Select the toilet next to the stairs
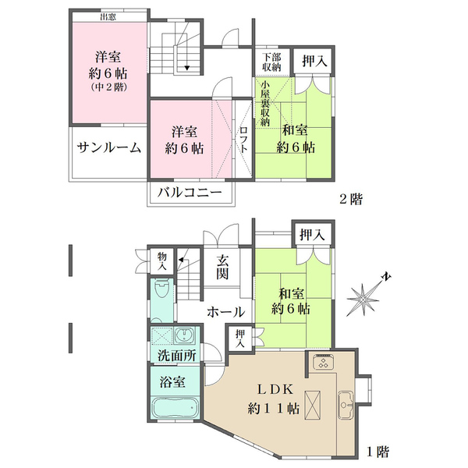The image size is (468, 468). [x=160, y=290]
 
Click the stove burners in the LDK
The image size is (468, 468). [x=322, y=362]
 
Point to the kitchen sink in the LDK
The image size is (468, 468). [x=346, y=405]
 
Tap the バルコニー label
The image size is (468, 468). [x=190, y=193]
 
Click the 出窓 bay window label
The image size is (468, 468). [x=109, y=16]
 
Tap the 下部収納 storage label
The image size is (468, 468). [x=271, y=62]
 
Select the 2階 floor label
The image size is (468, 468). [x=350, y=199]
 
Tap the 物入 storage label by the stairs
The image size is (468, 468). [x=162, y=261]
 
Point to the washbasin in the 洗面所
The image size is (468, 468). [x=184, y=337]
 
